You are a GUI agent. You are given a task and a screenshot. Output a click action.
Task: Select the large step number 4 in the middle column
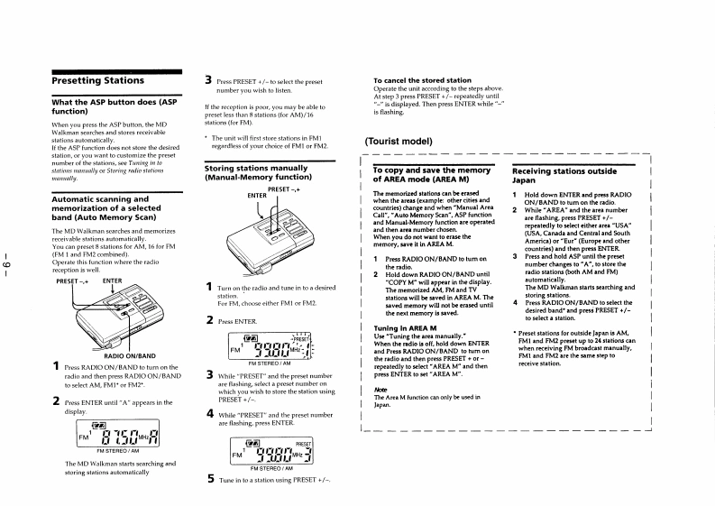(210, 413)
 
